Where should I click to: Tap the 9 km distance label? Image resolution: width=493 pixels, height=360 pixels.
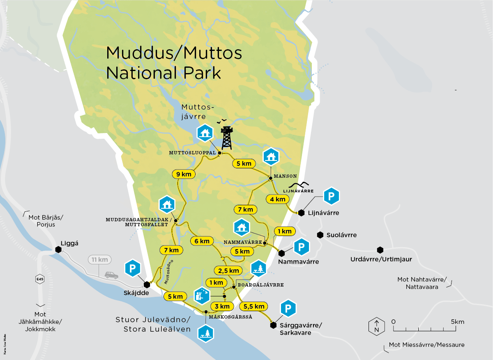point(184,174)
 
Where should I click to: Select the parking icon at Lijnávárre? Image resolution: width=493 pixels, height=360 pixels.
point(332,197)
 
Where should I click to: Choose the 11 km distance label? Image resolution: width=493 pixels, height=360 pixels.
point(99,260)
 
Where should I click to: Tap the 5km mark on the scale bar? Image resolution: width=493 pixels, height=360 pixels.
point(457,322)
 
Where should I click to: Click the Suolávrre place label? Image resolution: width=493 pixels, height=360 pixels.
point(341,235)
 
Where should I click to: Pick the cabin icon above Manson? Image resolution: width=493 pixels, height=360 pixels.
point(271,156)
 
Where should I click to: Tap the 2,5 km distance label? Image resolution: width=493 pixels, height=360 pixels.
point(228,271)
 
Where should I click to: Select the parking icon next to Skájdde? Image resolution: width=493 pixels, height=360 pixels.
point(133,268)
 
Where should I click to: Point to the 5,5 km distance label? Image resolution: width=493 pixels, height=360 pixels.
point(253,306)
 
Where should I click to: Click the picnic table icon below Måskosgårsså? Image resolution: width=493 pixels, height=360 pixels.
point(206,333)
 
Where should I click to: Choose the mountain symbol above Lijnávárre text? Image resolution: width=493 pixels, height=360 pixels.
point(303,184)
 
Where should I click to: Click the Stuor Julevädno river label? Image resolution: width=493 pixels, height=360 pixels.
point(153,320)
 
